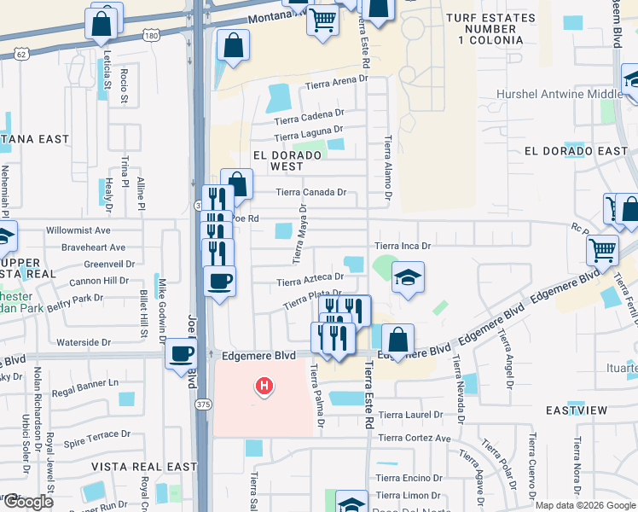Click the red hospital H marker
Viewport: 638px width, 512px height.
tap(264, 387)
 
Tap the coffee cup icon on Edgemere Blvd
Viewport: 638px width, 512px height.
tap(181, 352)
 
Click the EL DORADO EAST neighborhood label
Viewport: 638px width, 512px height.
tap(576, 151)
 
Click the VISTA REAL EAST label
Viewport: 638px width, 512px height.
tap(144, 467)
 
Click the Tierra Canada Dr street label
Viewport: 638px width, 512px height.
tap(310, 192)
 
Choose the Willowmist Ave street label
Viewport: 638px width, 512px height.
tap(78, 230)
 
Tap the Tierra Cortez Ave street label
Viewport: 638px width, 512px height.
tap(414, 438)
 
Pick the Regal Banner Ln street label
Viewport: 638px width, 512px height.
tap(83, 383)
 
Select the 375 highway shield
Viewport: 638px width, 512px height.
tap(203, 404)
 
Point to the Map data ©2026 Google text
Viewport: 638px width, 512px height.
tap(585, 505)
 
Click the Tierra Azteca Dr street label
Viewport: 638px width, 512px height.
tap(310, 277)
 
